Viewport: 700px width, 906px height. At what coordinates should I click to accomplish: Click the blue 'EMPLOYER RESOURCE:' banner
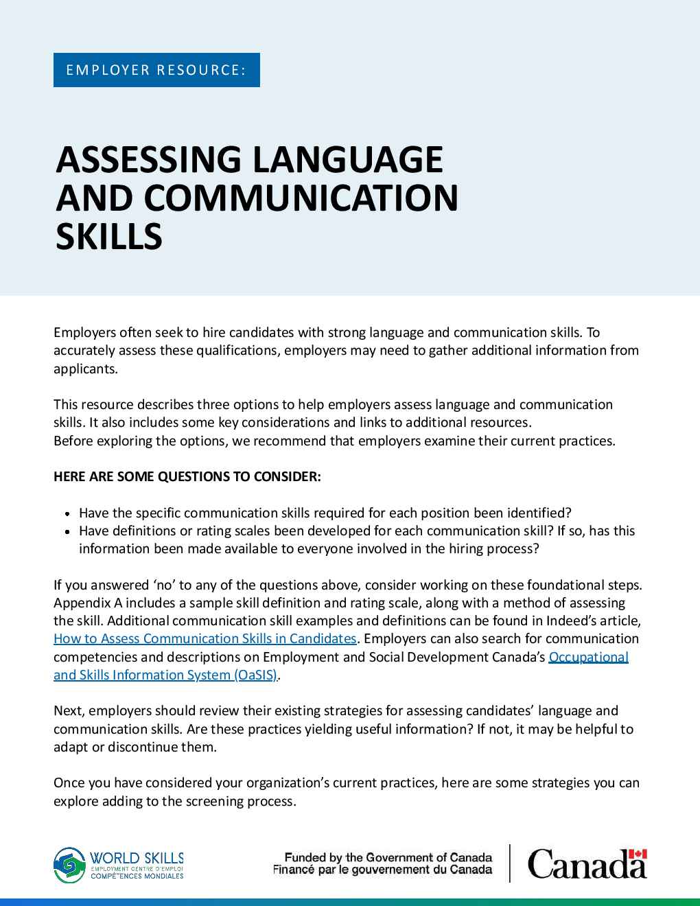[156, 70]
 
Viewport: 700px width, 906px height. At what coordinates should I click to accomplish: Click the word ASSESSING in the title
[146, 160]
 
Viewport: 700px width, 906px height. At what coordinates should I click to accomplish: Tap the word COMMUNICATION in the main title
[302, 198]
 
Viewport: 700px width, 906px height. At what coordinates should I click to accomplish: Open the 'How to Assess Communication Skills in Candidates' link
[205, 638]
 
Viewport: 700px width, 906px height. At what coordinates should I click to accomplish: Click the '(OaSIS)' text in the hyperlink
[255, 675]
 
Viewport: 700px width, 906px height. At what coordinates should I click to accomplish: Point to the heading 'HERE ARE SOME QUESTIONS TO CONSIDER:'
[187, 476]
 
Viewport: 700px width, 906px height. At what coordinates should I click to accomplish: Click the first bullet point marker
[67, 513]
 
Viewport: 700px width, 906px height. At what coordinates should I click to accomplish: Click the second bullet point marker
[67, 531]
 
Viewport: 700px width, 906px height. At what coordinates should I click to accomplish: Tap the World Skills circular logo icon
[70, 865]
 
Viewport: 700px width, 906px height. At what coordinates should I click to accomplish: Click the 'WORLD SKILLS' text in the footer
[137, 857]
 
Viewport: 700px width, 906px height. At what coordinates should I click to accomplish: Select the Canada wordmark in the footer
[587, 865]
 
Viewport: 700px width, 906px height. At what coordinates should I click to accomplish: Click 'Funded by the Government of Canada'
[388, 857]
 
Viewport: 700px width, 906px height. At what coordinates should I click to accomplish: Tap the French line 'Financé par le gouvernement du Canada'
[382, 870]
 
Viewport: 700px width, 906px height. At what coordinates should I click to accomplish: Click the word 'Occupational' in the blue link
[589, 657]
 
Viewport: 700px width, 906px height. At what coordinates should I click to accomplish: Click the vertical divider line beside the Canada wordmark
[510, 863]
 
